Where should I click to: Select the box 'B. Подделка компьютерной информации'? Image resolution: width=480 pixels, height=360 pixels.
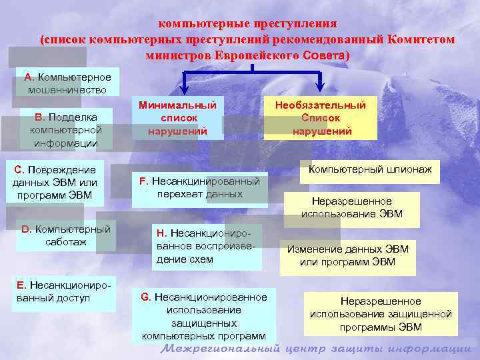click(65, 130)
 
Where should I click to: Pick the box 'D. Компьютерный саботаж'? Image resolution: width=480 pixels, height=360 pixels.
click(66, 235)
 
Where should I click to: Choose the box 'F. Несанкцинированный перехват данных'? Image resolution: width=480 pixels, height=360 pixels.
click(199, 187)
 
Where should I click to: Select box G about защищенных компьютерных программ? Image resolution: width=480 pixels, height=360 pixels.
click(203, 316)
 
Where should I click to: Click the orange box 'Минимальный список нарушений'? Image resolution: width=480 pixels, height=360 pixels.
click(177, 118)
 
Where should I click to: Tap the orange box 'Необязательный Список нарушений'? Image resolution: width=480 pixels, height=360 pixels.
click(321, 118)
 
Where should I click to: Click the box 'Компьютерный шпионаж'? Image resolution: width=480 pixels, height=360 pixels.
click(369, 170)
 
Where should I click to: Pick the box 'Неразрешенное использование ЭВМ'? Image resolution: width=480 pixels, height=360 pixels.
click(351, 208)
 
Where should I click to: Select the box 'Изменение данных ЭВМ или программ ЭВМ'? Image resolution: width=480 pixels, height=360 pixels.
click(347, 255)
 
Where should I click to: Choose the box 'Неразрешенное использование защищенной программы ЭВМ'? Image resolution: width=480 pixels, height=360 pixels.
click(381, 314)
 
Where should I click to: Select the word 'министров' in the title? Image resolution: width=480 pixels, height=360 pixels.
click(178, 55)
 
